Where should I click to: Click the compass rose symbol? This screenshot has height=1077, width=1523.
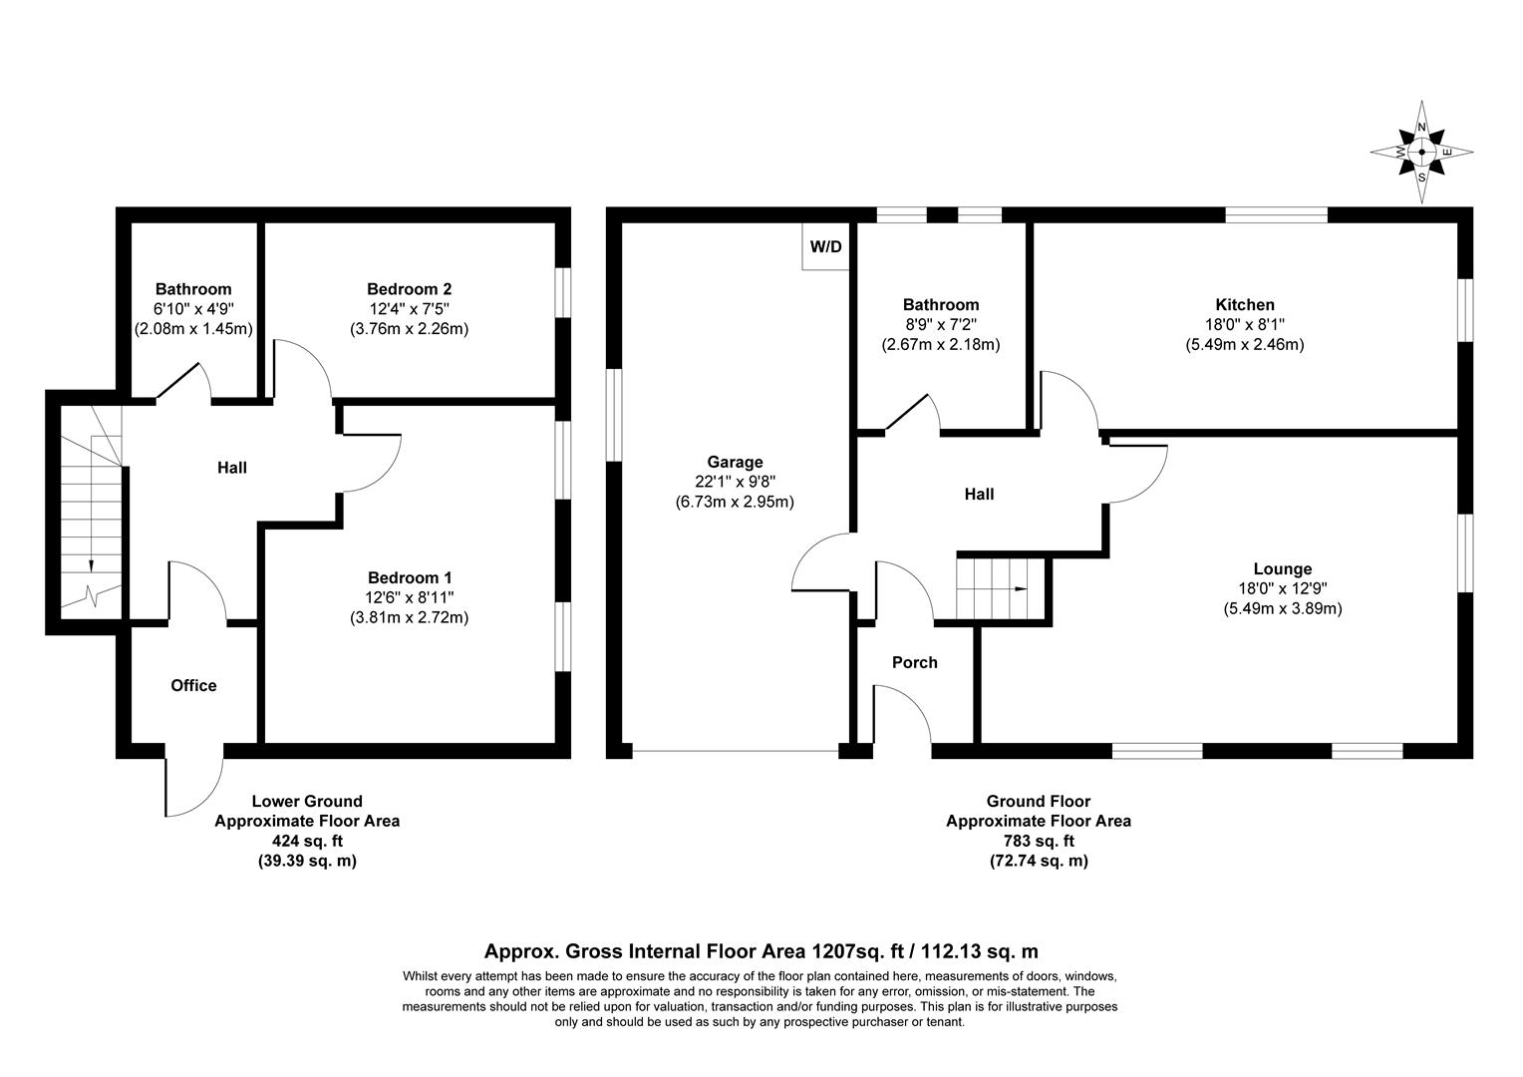point(1422,152)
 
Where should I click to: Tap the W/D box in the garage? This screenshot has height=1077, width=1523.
point(825,246)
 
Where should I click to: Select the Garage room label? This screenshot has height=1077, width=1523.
point(735,462)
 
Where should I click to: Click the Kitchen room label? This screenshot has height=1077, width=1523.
point(1244,305)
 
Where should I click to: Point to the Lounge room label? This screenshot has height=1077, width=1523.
point(1283,569)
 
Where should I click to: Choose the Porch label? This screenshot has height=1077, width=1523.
point(914,662)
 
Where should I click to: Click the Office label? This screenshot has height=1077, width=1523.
point(193,685)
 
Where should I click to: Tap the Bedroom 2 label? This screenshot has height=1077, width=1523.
point(409,289)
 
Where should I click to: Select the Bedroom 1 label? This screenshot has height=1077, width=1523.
point(410,577)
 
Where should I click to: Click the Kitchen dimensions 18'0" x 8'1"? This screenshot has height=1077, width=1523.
point(1244,325)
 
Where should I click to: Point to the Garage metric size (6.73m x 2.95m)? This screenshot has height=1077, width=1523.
point(735,502)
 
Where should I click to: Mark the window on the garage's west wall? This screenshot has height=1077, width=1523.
point(614,415)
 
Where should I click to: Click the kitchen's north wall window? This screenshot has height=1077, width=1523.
point(1276,213)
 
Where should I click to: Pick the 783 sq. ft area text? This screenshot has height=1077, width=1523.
point(1038,842)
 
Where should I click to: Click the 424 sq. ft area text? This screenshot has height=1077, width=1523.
point(307,842)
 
